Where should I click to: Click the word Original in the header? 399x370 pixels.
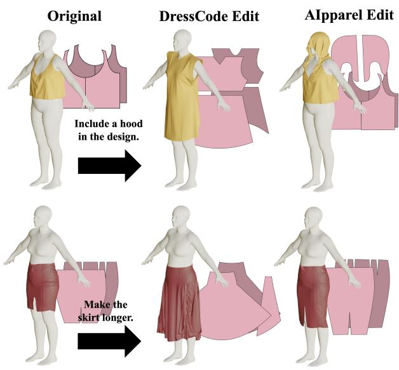pos(74,17)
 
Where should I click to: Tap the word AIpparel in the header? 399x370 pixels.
pos(332,15)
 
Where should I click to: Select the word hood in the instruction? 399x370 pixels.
pos(131,124)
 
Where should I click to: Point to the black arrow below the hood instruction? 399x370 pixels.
pos(109,166)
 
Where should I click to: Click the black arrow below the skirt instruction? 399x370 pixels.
pos(109,341)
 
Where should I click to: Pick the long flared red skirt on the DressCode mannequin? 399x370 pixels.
pos(179,302)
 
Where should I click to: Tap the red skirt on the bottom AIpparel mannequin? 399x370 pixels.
pos(313,296)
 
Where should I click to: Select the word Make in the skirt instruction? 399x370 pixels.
pos(95,304)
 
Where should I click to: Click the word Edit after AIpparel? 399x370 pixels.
pos(380,15)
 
